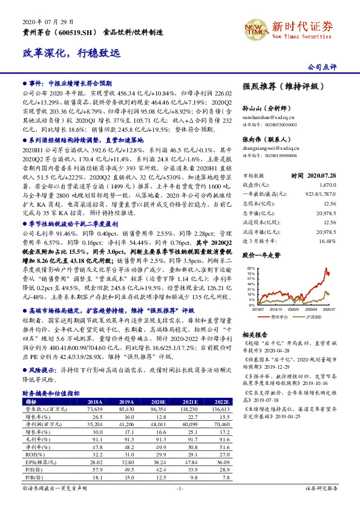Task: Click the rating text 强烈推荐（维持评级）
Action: tap(275, 86)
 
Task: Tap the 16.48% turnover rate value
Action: tap(327, 223)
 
